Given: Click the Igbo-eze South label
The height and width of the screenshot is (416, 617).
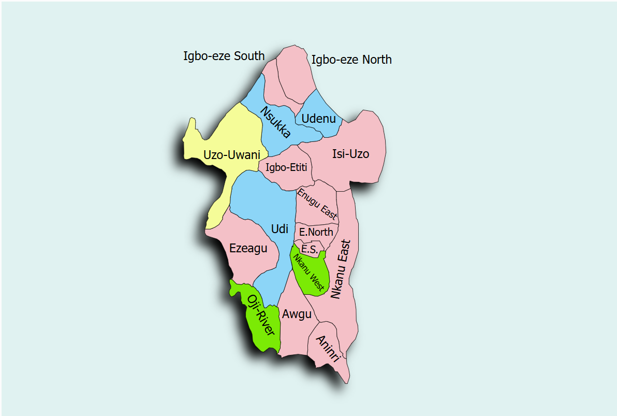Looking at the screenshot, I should click(x=224, y=56).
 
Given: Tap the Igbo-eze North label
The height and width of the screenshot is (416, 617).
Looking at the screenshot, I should click(x=351, y=60).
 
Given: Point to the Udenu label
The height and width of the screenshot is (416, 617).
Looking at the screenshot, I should click(x=318, y=119).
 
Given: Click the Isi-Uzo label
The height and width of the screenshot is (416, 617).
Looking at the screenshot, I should click(x=350, y=154).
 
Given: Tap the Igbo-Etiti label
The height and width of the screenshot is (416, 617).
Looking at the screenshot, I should click(x=286, y=167).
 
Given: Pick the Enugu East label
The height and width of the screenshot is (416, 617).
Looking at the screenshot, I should click(x=317, y=204).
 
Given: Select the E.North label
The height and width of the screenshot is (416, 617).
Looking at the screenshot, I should click(x=316, y=232).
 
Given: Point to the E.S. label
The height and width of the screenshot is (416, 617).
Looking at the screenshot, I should click(x=309, y=250).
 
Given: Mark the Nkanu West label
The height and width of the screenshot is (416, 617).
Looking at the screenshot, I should click(x=308, y=272).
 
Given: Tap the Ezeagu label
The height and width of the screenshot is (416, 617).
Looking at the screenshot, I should click(x=248, y=249).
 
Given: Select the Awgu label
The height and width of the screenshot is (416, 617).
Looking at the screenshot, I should click(x=297, y=314).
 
